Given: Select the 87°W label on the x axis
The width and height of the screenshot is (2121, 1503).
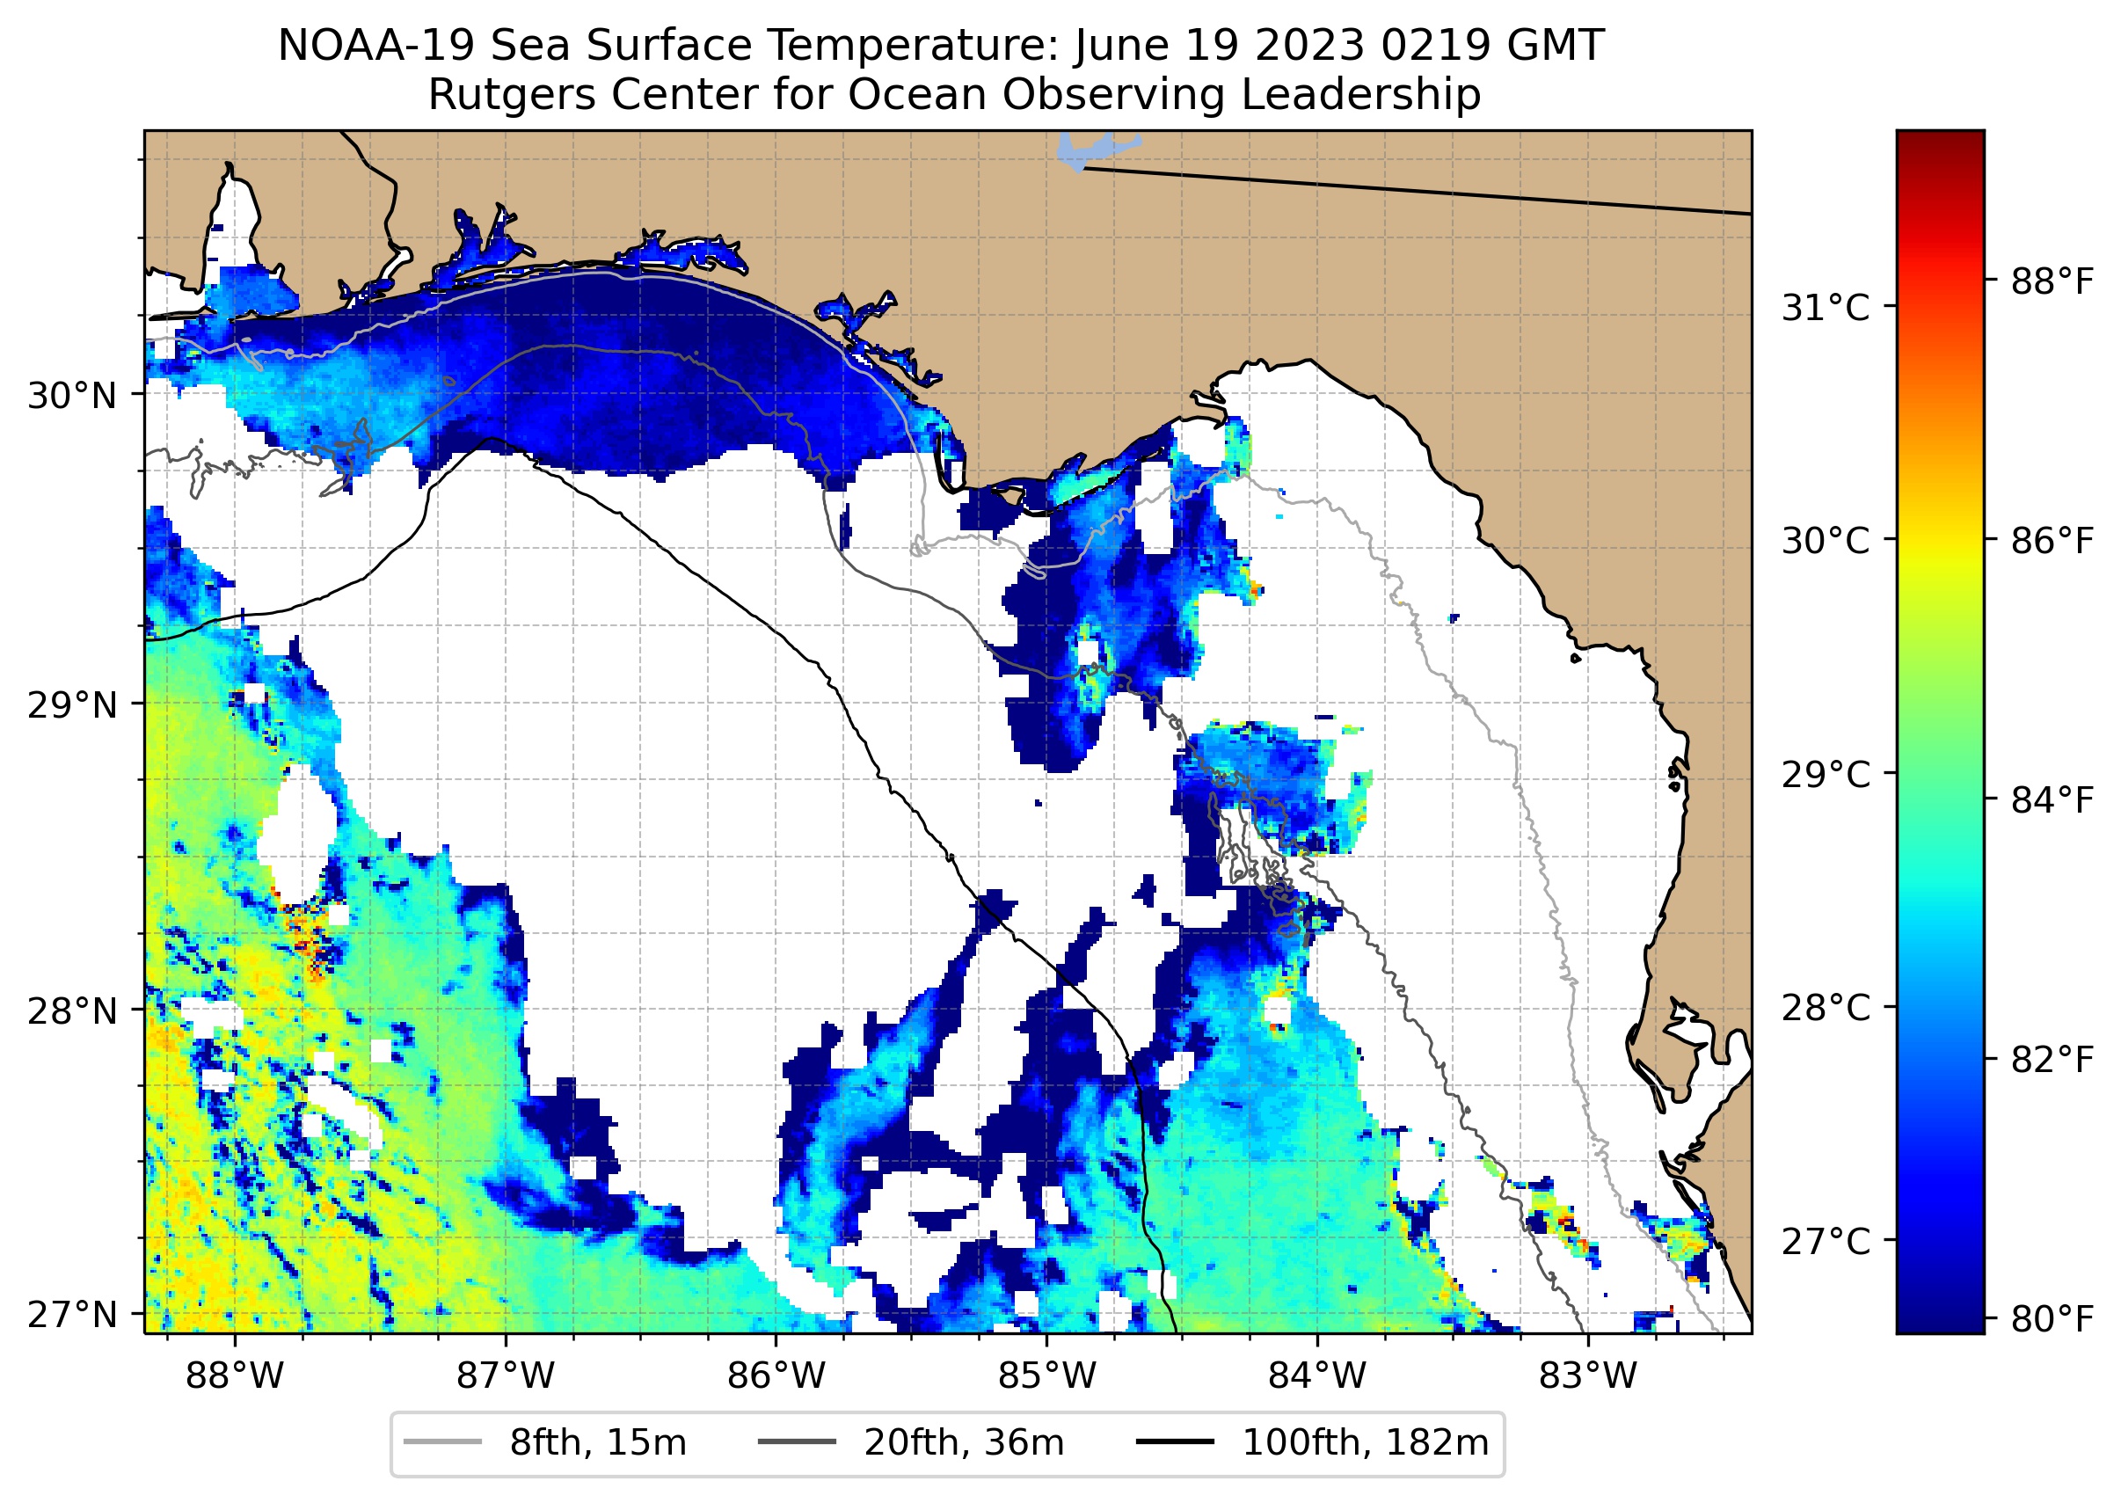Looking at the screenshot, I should click(x=506, y=1376).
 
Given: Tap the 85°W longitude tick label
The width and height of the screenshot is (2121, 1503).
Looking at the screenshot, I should click(x=1046, y=1376).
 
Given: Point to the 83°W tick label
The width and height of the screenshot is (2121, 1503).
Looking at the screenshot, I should click(x=1588, y=1376).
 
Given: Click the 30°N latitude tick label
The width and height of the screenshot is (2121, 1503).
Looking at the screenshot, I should click(x=72, y=396).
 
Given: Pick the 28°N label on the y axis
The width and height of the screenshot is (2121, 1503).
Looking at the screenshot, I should click(x=72, y=1011).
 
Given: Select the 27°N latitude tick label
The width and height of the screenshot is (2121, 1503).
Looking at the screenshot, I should click(x=72, y=1315).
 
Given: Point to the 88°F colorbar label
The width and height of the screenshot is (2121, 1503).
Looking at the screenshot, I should click(x=2052, y=281).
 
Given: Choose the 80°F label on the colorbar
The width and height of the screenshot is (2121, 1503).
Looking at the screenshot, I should click(x=2052, y=1320).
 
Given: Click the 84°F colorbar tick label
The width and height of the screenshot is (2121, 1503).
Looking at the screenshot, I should click(x=2052, y=800).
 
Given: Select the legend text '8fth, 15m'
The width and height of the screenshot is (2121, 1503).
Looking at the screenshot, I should click(x=598, y=1443).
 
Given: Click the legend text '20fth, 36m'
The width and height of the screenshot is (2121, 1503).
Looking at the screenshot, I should click(x=965, y=1443).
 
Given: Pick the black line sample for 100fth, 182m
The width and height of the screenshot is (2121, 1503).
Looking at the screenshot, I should click(x=1175, y=1442).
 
